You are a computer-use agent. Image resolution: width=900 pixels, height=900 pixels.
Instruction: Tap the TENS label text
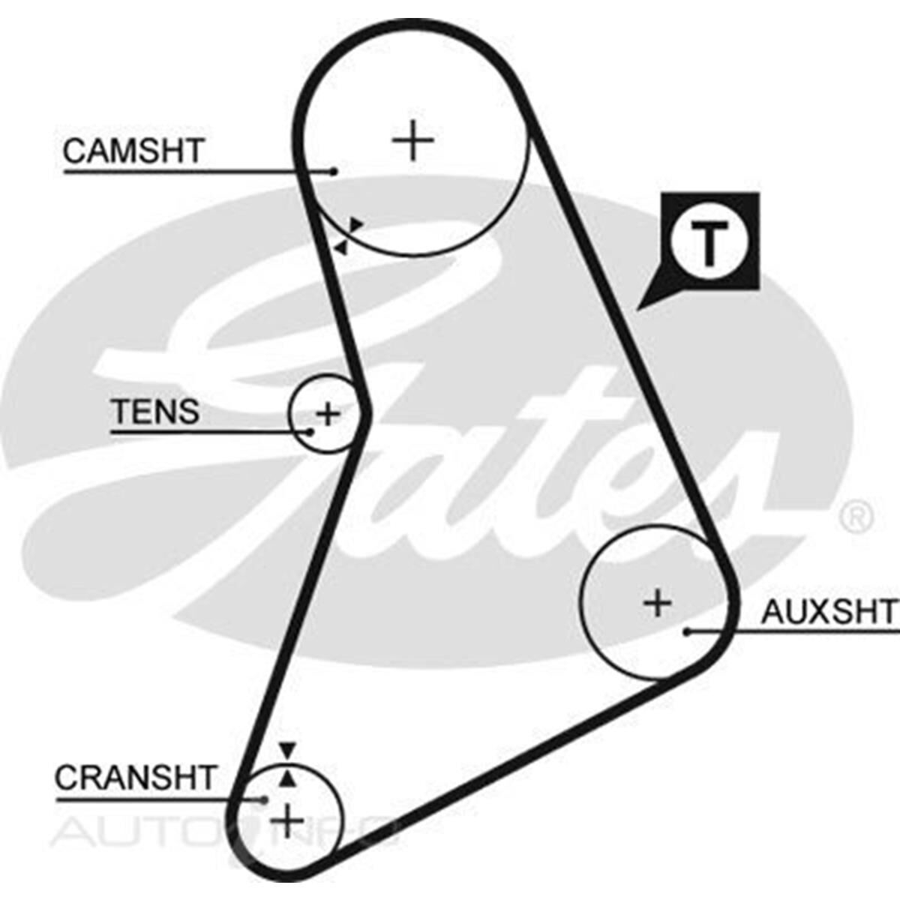[155, 412]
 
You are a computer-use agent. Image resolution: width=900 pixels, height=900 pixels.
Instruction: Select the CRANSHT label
[136, 778]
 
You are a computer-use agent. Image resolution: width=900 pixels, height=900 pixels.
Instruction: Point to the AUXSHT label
[829, 612]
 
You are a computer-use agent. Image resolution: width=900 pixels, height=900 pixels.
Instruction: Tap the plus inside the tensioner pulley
[328, 412]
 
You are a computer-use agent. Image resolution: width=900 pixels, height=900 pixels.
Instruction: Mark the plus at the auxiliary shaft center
[658, 602]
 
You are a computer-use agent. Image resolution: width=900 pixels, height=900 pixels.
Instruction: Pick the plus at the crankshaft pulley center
[287, 821]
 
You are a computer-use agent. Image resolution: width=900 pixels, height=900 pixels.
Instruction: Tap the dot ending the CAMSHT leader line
[334, 171]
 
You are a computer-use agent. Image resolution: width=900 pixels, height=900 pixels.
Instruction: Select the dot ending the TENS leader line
[309, 432]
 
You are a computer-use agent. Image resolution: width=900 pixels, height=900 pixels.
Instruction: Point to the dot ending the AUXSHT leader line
[687, 631]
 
